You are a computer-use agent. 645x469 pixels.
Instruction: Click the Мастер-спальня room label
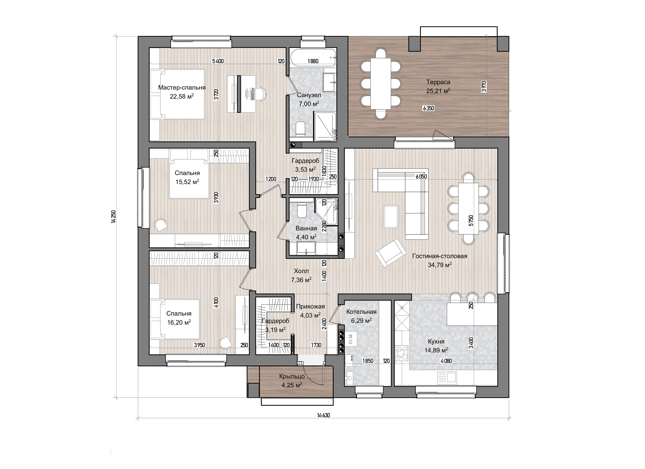(x=182, y=88)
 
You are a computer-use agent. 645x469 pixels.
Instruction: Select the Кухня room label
(x=436, y=341)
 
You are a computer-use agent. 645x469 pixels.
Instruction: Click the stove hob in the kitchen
(x=402, y=353)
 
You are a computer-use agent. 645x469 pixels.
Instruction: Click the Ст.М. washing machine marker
(x=351, y=338)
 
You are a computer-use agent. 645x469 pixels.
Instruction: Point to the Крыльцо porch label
(x=292, y=376)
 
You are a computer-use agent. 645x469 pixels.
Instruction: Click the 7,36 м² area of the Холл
(x=301, y=280)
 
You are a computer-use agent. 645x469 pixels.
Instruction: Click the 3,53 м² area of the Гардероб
(x=305, y=170)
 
